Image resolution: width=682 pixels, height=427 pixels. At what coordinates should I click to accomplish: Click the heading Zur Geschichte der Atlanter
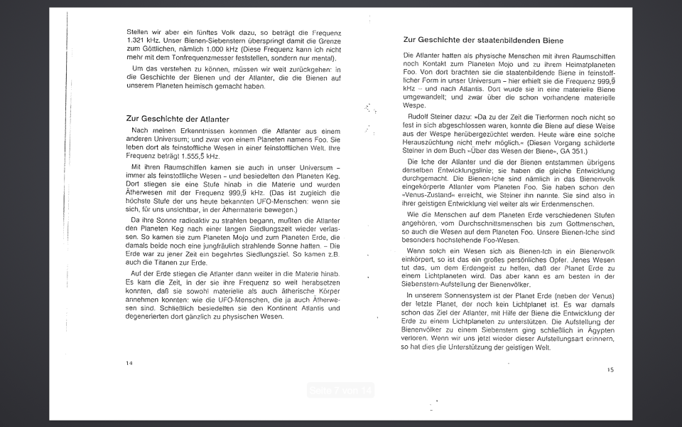pyautogui.click(x=178, y=119)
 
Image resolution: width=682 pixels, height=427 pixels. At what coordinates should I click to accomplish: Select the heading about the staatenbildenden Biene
pyautogui.click(x=483, y=41)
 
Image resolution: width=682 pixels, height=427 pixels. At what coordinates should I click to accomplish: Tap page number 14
pyautogui.click(x=129, y=363)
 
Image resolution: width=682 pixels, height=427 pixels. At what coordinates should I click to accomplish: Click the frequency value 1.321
pyautogui.click(x=137, y=41)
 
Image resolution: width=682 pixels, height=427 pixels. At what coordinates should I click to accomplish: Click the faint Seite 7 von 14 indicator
pyautogui.click(x=341, y=390)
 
